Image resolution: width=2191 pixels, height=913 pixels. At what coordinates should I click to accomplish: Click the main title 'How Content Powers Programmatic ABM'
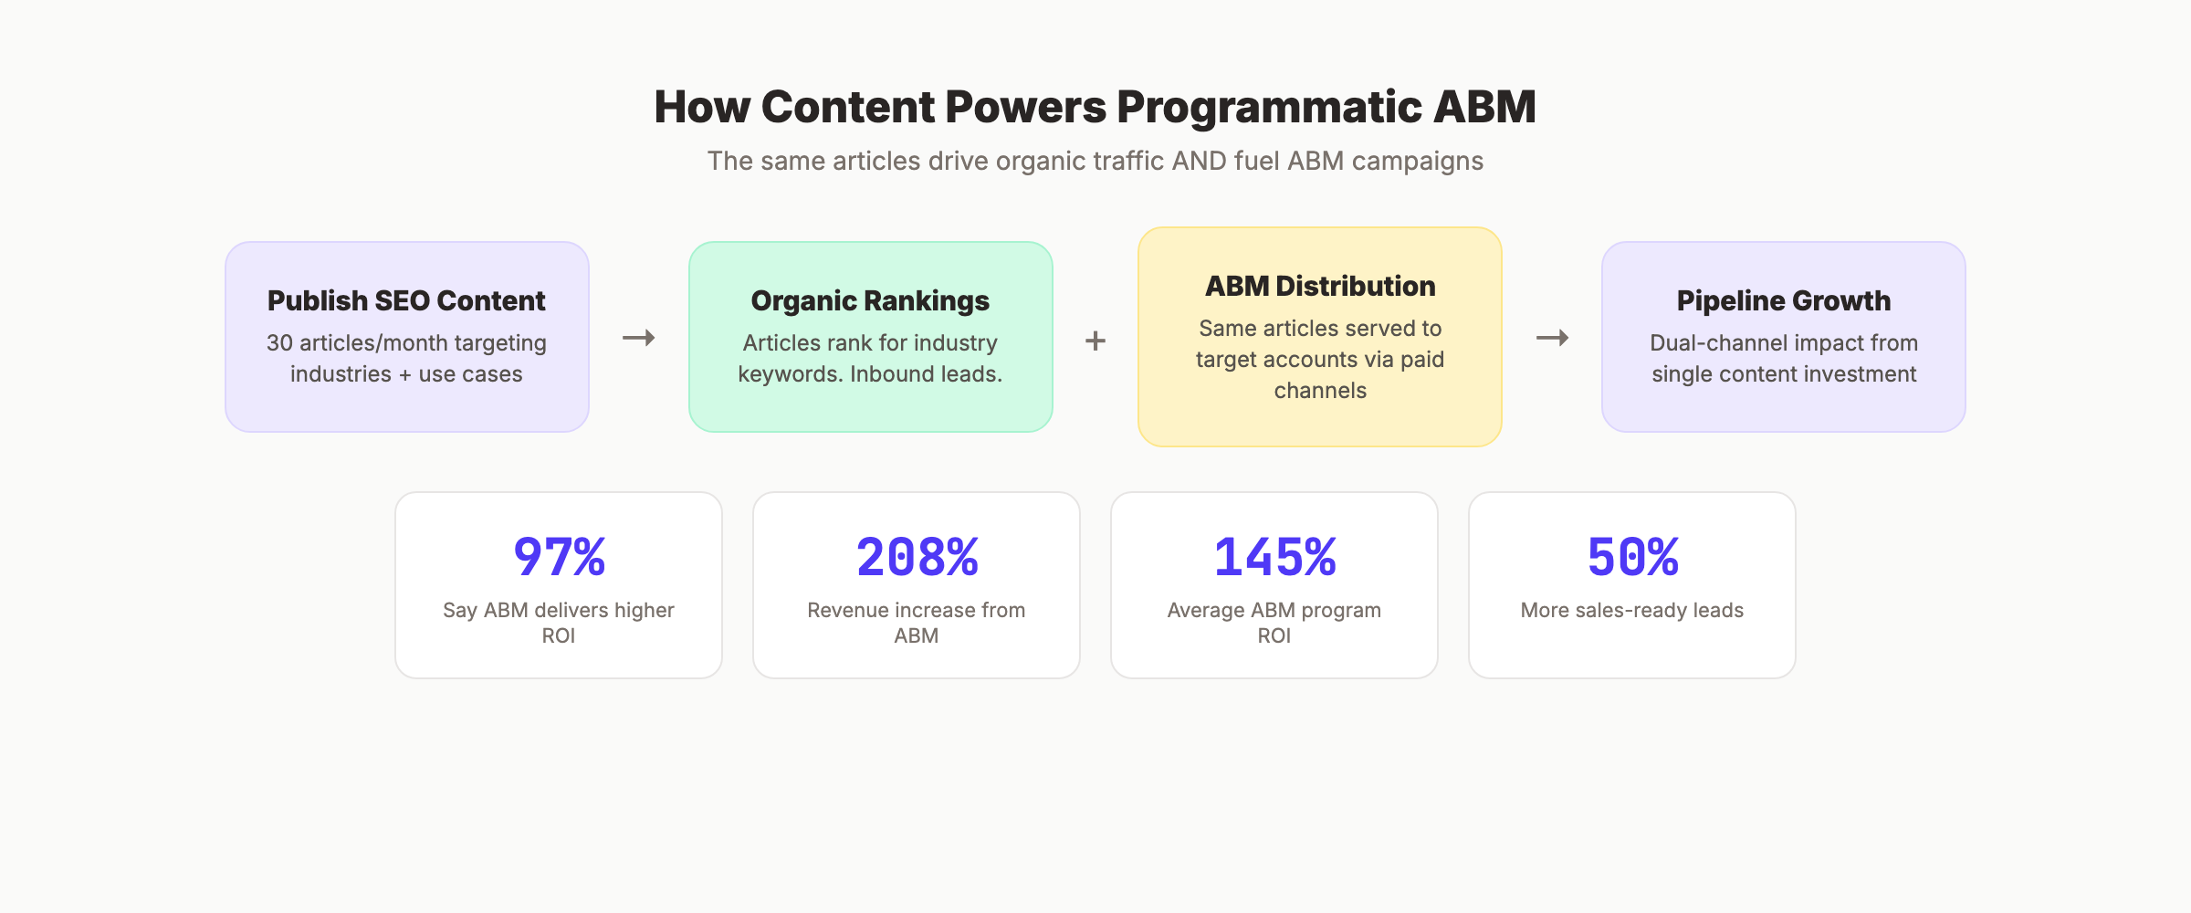tap(1095, 107)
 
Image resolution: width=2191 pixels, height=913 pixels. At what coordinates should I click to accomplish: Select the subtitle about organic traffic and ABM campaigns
tap(1095, 161)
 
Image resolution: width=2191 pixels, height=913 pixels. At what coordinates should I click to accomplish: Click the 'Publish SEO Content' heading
tap(406, 300)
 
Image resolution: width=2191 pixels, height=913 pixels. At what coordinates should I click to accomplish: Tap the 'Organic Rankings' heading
tap(870, 300)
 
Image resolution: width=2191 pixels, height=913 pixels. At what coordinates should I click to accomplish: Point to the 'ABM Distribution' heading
tap(1320, 286)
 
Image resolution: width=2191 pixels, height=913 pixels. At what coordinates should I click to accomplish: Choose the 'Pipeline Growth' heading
tap(1783, 300)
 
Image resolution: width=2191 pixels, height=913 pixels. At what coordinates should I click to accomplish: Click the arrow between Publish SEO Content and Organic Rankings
tap(639, 338)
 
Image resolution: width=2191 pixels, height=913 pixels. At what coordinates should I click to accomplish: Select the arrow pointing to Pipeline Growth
tap(1552, 338)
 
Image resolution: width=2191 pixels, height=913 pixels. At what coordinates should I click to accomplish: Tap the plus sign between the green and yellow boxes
tap(1095, 341)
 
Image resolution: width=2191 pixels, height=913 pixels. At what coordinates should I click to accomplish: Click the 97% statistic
tap(559, 557)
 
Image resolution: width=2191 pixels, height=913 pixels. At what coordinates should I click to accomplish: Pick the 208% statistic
tap(917, 557)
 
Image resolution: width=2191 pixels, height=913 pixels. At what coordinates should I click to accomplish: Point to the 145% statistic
tap(1274, 557)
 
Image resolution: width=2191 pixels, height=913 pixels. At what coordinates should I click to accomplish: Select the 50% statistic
tap(1632, 557)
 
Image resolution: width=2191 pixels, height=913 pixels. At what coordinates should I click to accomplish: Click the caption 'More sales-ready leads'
tap(1632, 610)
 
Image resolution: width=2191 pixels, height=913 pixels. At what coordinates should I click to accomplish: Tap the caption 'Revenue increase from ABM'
tap(917, 622)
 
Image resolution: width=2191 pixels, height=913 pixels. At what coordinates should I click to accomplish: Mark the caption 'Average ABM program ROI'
tap(1274, 622)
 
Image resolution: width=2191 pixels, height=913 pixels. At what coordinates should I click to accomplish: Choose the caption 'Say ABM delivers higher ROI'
tap(559, 622)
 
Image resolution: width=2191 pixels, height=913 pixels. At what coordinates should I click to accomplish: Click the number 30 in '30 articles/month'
tap(279, 343)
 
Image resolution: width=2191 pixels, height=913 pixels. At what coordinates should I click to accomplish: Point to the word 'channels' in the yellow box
tap(1320, 391)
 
